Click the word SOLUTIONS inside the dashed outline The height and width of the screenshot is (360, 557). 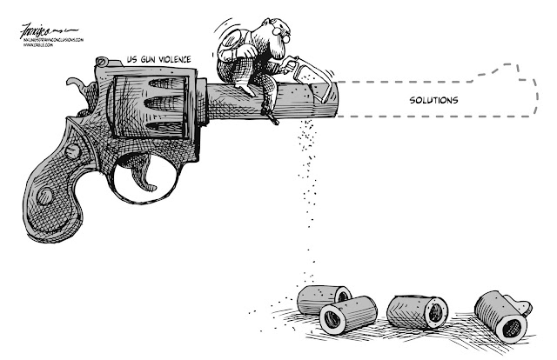[433, 99]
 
